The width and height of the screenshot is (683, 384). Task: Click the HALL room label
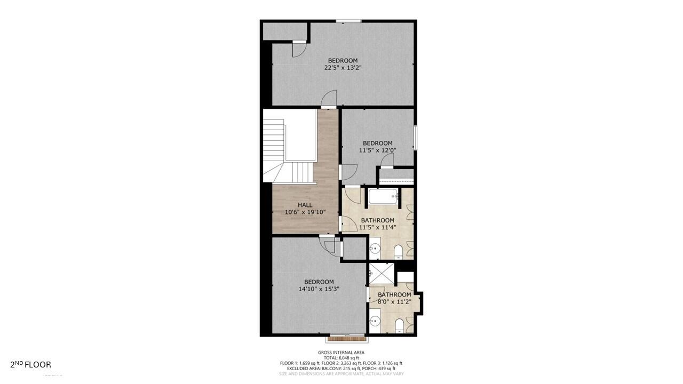[305, 205]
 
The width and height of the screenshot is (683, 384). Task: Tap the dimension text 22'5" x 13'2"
[343, 68]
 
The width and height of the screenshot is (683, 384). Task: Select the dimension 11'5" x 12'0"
[377, 150]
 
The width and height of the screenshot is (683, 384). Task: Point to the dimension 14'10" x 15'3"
[319, 289]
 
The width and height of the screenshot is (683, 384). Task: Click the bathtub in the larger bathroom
[383, 197]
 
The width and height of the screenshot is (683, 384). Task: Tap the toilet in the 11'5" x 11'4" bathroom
[399, 252]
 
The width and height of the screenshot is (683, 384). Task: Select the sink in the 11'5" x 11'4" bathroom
[376, 248]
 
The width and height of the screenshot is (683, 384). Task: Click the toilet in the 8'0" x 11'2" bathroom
[399, 325]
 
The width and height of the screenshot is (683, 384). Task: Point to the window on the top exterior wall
[349, 21]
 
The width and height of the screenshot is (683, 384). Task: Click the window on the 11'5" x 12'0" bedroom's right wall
[415, 137]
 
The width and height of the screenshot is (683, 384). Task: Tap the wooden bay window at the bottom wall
[346, 338]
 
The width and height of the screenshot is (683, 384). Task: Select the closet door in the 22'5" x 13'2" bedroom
[299, 50]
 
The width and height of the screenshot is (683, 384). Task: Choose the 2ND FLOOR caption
[31, 365]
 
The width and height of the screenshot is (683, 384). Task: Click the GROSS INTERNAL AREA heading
[341, 353]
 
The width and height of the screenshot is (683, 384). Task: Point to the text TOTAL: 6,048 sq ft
[341, 358]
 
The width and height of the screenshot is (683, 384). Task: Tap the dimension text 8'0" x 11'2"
[394, 301]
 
